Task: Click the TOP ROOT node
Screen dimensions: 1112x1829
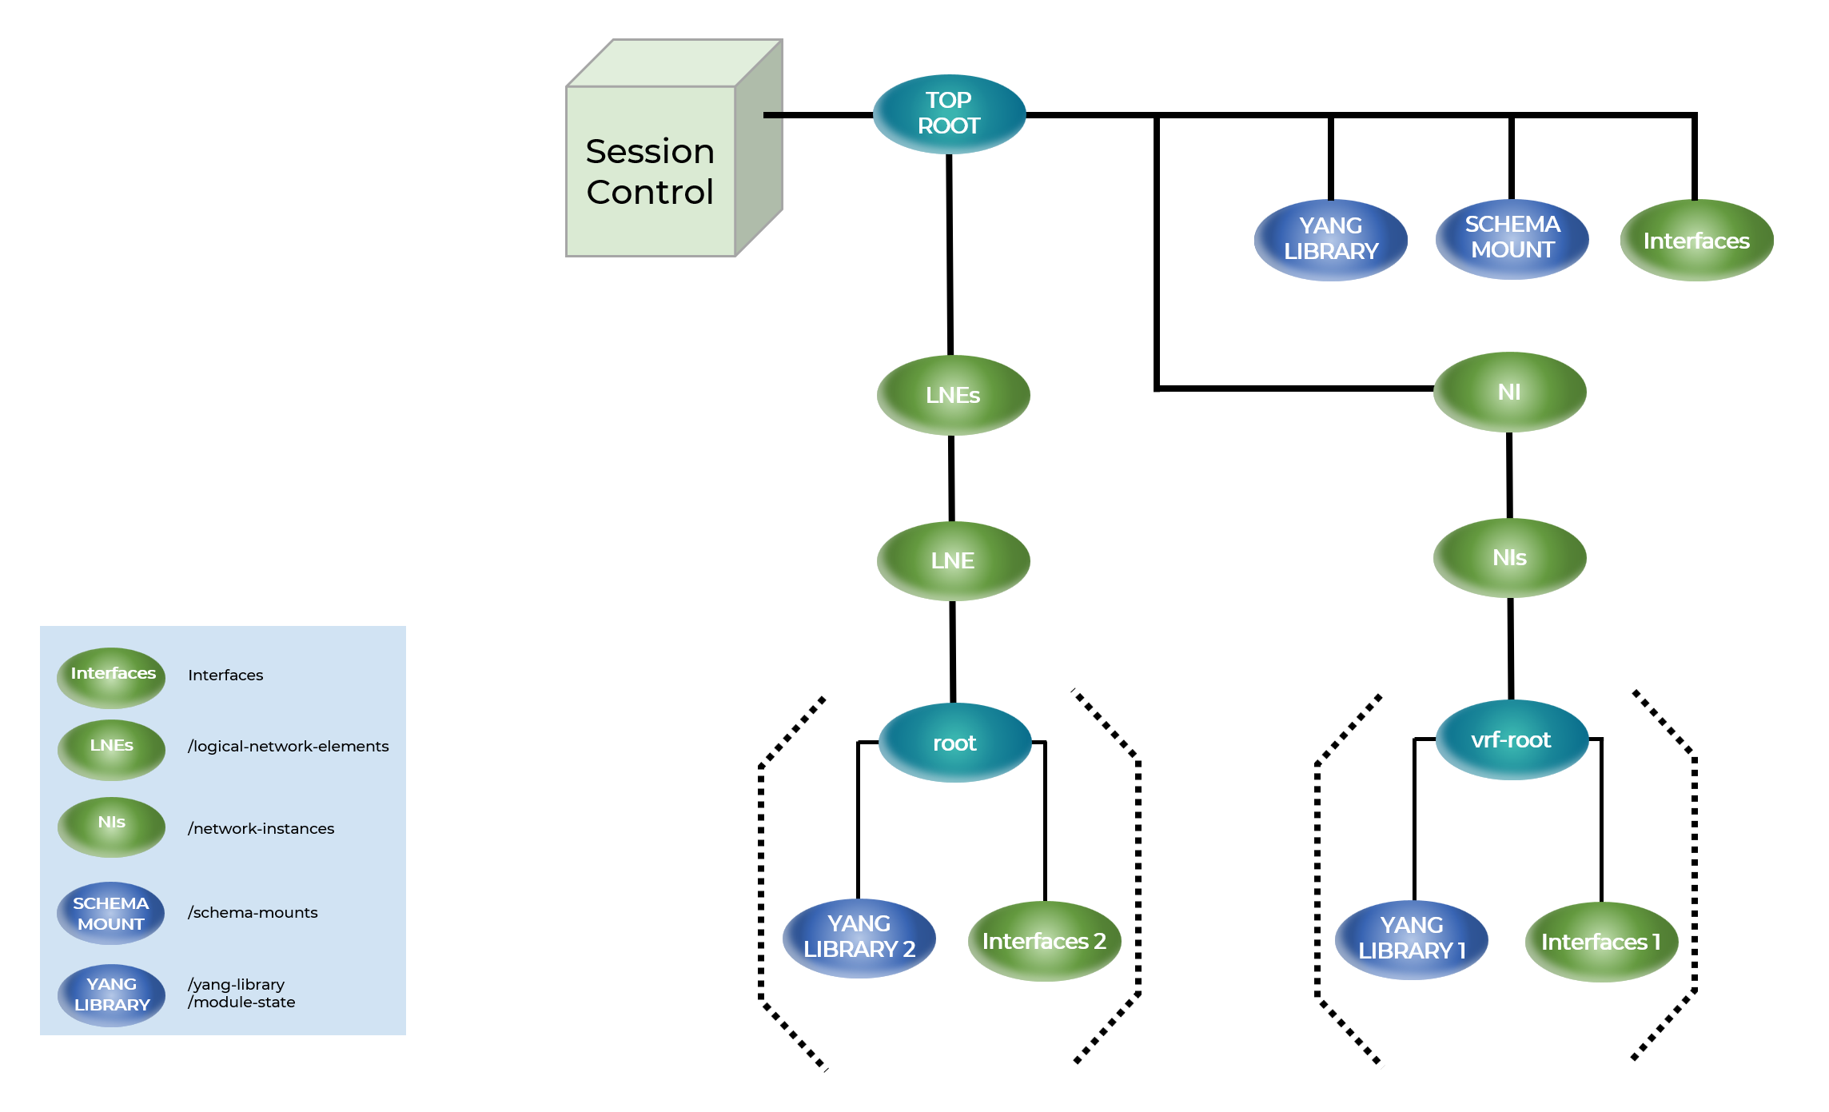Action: tap(949, 114)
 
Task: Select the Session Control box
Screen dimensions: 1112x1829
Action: tap(651, 171)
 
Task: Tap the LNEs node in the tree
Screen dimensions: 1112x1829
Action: tap(953, 395)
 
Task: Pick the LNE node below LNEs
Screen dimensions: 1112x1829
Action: tap(953, 560)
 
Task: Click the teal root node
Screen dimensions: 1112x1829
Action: tap(954, 743)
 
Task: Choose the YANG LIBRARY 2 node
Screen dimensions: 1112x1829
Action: tap(859, 937)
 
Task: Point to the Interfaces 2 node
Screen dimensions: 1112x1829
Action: tap(1044, 941)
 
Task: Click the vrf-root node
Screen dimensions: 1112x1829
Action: tap(1511, 739)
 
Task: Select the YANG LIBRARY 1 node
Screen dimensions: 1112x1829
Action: tap(1412, 939)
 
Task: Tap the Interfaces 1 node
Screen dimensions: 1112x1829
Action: tap(1601, 942)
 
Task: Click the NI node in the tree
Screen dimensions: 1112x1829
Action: tap(1509, 392)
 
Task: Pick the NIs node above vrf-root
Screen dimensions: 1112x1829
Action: tap(1509, 557)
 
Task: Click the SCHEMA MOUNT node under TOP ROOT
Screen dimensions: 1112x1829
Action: tap(1512, 237)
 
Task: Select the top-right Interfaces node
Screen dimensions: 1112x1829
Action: tap(1696, 241)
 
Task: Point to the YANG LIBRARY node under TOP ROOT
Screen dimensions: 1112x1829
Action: tap(1331, 239)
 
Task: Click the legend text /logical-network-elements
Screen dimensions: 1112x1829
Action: tap(288, 746)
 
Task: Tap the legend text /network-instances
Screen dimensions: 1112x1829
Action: tap(261, 828)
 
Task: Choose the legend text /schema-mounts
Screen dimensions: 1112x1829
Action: tap(253, 912)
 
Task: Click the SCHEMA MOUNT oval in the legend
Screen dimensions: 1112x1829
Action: tap(111, 913)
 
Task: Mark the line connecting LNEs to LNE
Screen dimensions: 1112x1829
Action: tap(951, 478)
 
